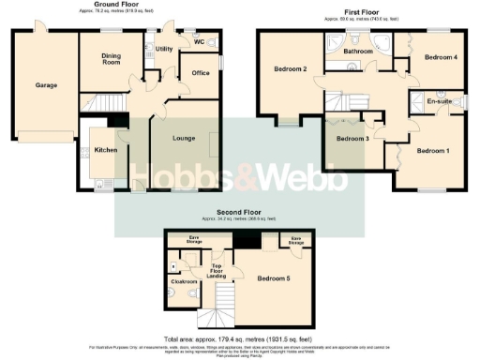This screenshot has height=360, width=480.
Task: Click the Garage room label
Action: click(47, 85)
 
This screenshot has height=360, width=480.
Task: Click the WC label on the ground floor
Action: click(198, 41)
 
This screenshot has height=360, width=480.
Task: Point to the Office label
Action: click(200, 72)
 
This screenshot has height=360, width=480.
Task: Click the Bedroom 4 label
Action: click(441, 57)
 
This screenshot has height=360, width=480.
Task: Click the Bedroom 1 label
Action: click(434, 151)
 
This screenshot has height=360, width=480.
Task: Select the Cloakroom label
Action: click(184, 280)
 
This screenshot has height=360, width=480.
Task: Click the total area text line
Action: click(240, 338)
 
